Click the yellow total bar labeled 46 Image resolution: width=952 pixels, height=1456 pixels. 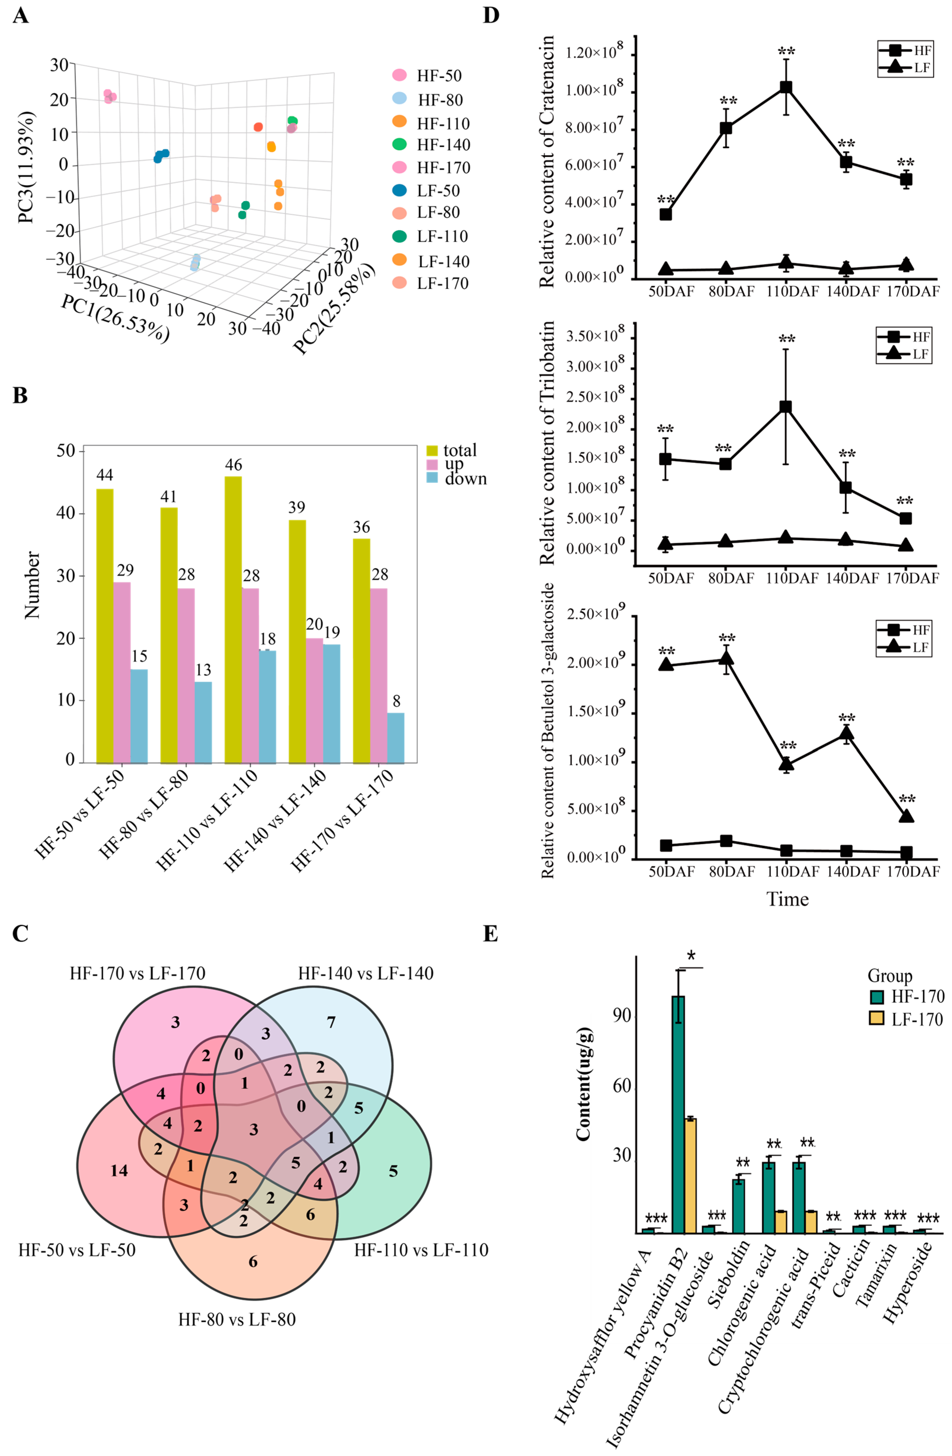233,619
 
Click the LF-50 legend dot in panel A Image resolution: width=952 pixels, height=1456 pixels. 399,190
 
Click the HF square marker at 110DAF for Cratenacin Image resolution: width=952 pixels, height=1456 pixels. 786,88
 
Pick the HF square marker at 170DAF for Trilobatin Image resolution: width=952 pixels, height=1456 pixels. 906,518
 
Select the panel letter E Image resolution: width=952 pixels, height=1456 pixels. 490,934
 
